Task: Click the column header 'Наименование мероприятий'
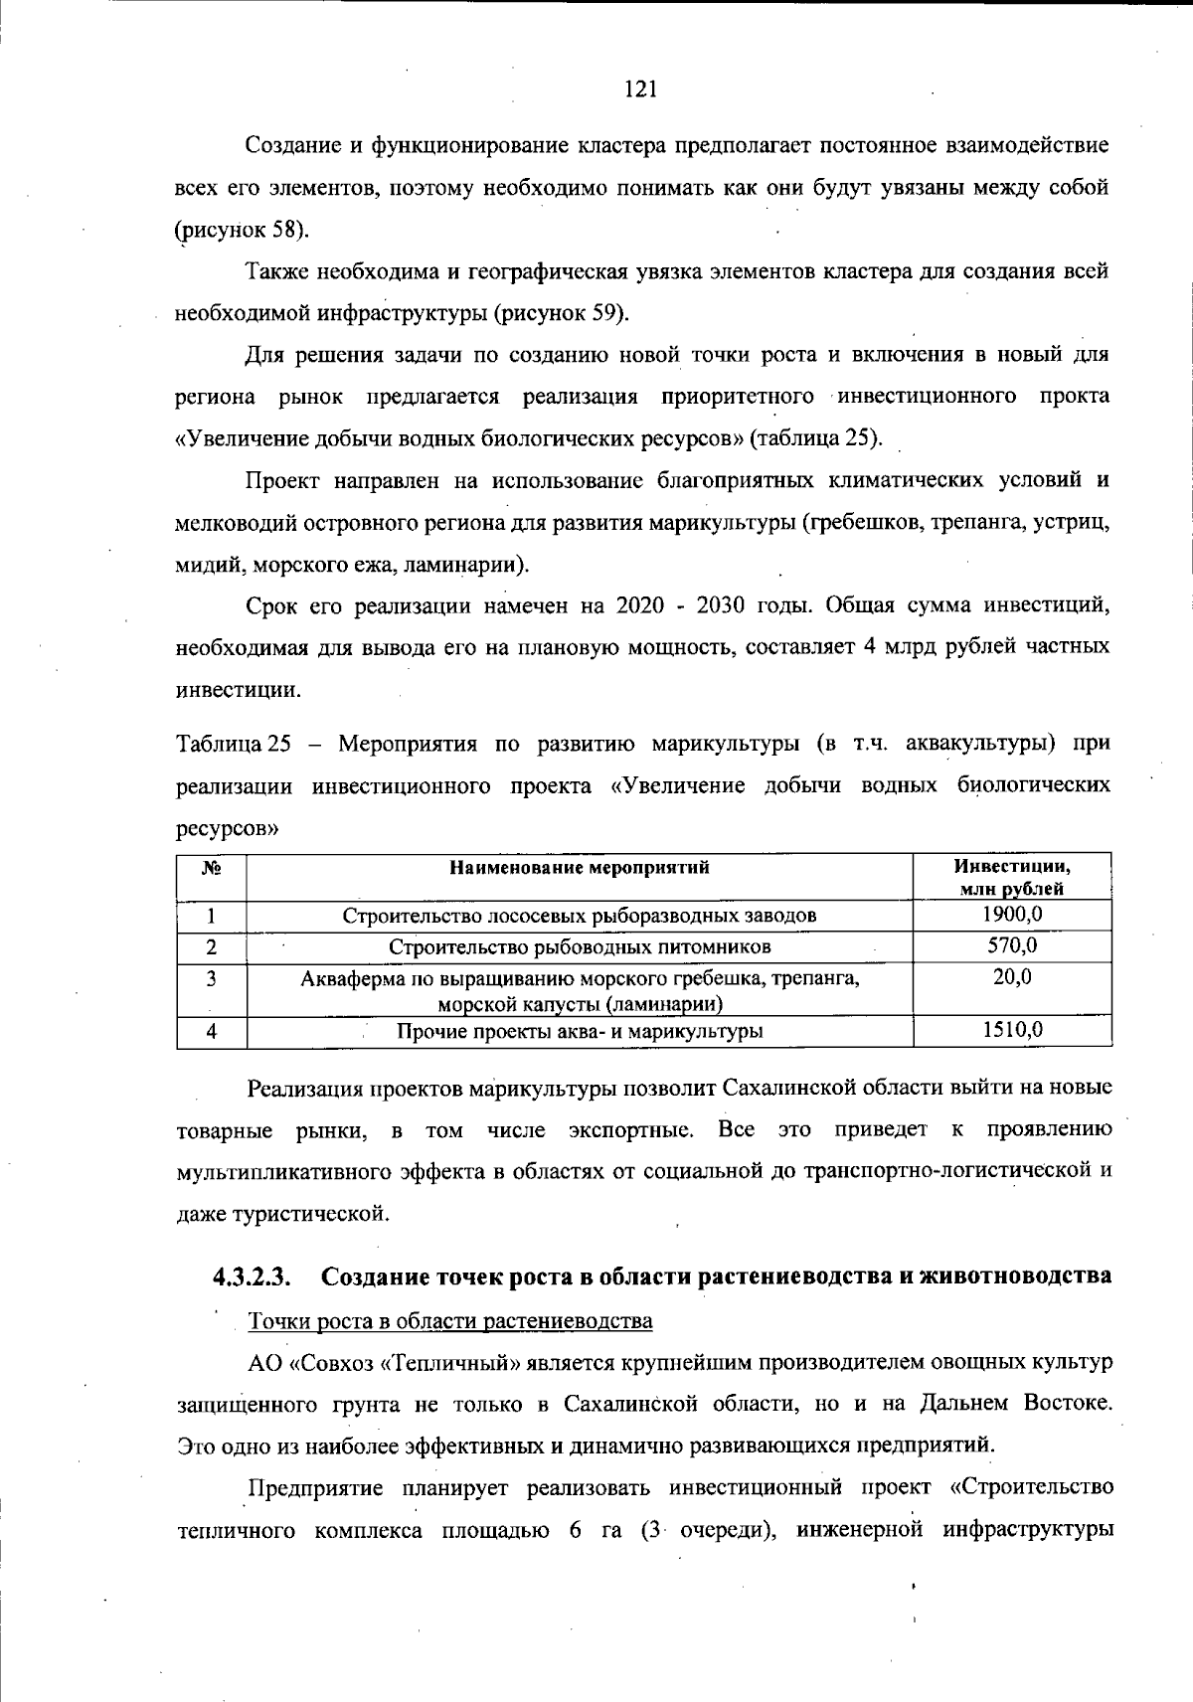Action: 580,867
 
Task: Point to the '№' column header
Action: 211,867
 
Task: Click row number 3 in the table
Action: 211,978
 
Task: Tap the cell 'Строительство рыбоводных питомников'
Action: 580,946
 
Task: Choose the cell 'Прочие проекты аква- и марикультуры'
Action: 580,1031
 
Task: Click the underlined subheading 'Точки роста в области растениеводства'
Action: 449,1321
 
